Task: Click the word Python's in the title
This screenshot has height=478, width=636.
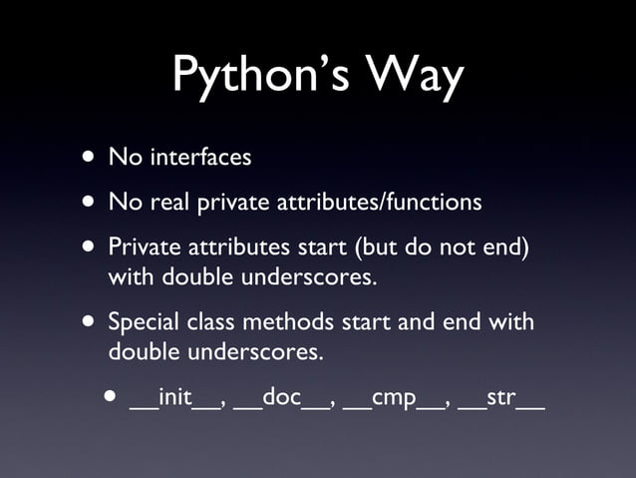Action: [245, 75]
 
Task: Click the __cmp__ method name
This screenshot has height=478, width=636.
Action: [395, 401]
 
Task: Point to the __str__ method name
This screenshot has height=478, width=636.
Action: [501, 401]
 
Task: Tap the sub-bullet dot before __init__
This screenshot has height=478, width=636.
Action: [109, 400]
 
